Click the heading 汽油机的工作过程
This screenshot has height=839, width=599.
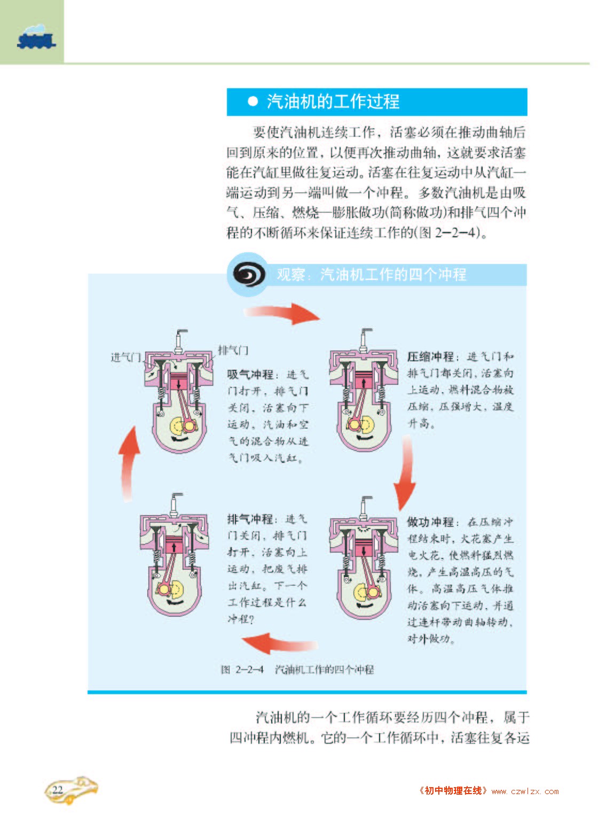click(333, 102)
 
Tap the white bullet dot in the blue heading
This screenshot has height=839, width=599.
click(253, 102)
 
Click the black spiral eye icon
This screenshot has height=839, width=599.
click(249, 275)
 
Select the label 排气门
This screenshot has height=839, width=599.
click(233, 351)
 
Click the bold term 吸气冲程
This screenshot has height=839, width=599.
click(250, 375)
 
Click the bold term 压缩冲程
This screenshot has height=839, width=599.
click(430, 356)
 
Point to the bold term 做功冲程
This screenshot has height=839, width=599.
click(430, 522)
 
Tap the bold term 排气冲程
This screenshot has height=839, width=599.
click(250, 519)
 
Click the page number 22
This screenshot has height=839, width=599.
click(58, 789)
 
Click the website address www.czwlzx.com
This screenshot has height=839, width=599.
click(525, 791)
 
